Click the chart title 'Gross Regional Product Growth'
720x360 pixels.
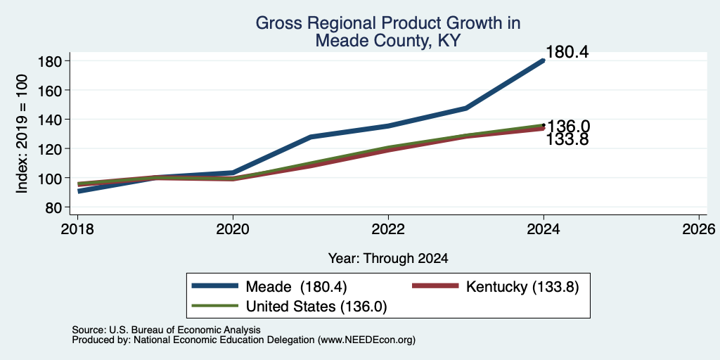(x=387, y=23)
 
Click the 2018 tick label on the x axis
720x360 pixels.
(x=77, y=229)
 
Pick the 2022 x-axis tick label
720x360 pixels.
(x=388, y=229)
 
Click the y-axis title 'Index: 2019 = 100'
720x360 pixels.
(x=22, y=134)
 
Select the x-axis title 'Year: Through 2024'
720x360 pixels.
(x=388, y=259)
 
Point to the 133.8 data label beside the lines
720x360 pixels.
(x=567, y=140)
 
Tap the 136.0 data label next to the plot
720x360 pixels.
(x=568, y=127)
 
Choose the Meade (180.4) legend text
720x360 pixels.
(x=296, y=287)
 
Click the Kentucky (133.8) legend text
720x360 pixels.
(x=522, y=287)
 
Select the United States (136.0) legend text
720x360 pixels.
(x=316, y=307)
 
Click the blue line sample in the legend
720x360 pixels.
(x=216, y=285)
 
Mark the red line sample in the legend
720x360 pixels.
(x=436, y=285)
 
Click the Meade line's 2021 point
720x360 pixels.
(x=311, y=137)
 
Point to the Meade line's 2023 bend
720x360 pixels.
(x=466, y=108)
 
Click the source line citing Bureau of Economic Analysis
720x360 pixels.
(x=166, y=330)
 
